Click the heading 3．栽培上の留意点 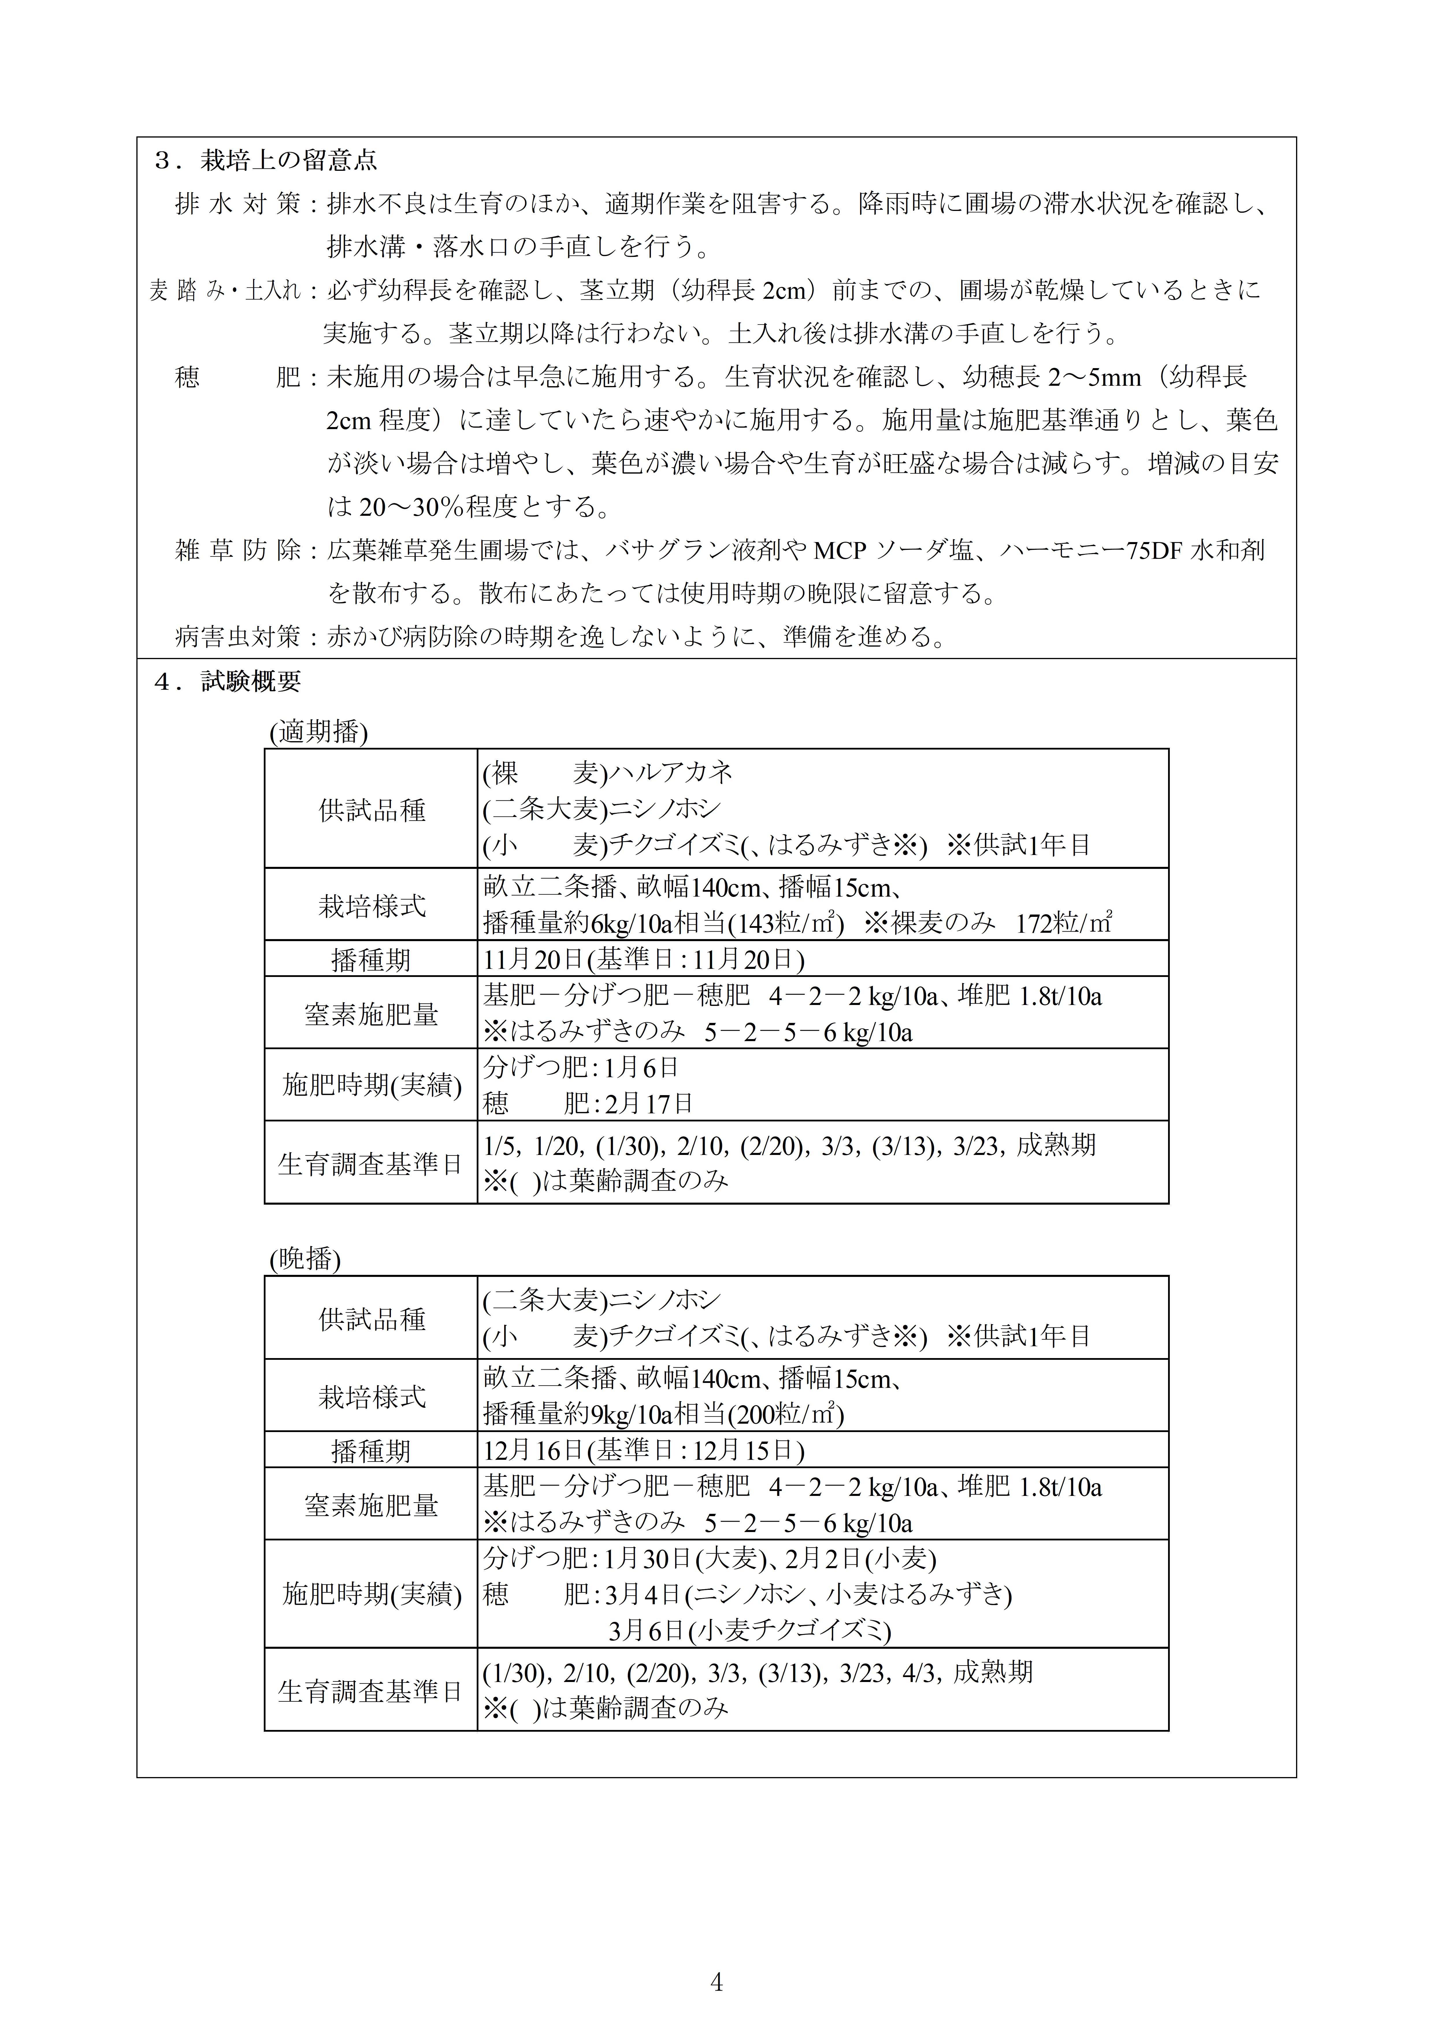tap(266, 161)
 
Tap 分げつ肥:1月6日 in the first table tap(580, 1067)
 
